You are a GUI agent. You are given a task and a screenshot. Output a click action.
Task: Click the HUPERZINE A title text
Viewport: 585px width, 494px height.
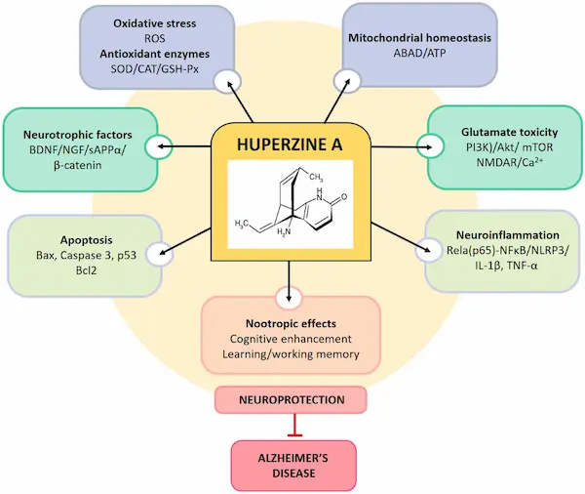290,145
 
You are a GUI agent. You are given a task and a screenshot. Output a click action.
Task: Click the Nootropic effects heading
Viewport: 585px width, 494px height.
290,321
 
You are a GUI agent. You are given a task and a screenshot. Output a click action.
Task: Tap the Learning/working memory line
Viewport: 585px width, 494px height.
290,354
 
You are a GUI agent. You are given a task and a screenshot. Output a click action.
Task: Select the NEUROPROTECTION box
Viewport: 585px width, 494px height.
290,399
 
